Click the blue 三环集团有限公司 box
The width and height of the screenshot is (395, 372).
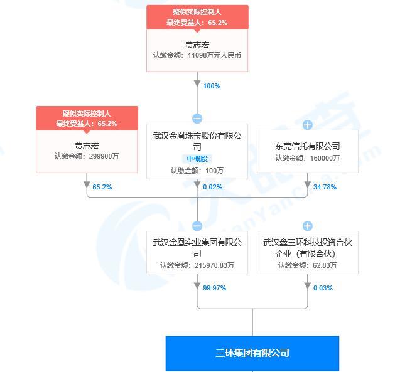(x=252, y=353)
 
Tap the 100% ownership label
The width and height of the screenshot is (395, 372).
(x=212, y=86)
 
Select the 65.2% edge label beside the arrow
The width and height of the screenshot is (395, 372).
(x=102, y=187)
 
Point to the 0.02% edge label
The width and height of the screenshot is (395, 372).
(x=213, y=187)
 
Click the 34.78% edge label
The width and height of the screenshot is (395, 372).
(x=325, y=187)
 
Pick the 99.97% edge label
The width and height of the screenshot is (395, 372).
(x=214, y=288)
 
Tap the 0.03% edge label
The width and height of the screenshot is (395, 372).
(x=323, y=288)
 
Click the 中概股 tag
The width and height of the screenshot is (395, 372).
(x=197, y=159)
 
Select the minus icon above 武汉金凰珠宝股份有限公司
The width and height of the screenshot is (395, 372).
(x=197, y=119)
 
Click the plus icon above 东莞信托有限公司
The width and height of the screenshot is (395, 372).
(x=308, y=125)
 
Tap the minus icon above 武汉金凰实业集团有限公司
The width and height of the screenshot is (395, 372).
(x=197, y=226)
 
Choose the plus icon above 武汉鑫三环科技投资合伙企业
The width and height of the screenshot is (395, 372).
(x=308, y=226)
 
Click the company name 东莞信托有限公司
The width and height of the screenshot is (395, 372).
(x=308, y=146)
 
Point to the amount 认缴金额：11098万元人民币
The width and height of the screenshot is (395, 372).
(x=197, y=55)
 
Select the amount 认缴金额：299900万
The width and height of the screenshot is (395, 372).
(x=87, y=156)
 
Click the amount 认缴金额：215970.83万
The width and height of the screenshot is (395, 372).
(x=197, y=265)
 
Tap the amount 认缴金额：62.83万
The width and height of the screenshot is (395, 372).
(x=307, y=265)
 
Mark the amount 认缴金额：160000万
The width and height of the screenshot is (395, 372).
(x=307, y=158)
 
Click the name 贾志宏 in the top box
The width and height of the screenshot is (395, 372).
(x=197, y=45)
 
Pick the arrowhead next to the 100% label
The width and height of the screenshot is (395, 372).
(x=197, y=84)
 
